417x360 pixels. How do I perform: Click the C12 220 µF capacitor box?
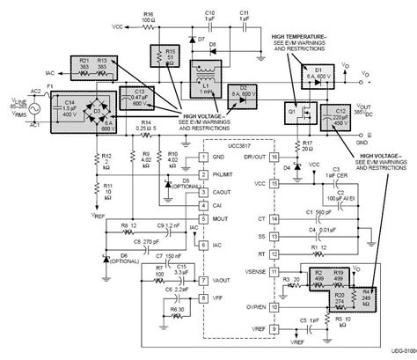click(x=338, y=115)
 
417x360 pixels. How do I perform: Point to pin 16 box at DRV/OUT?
click(x=274, y=156)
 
